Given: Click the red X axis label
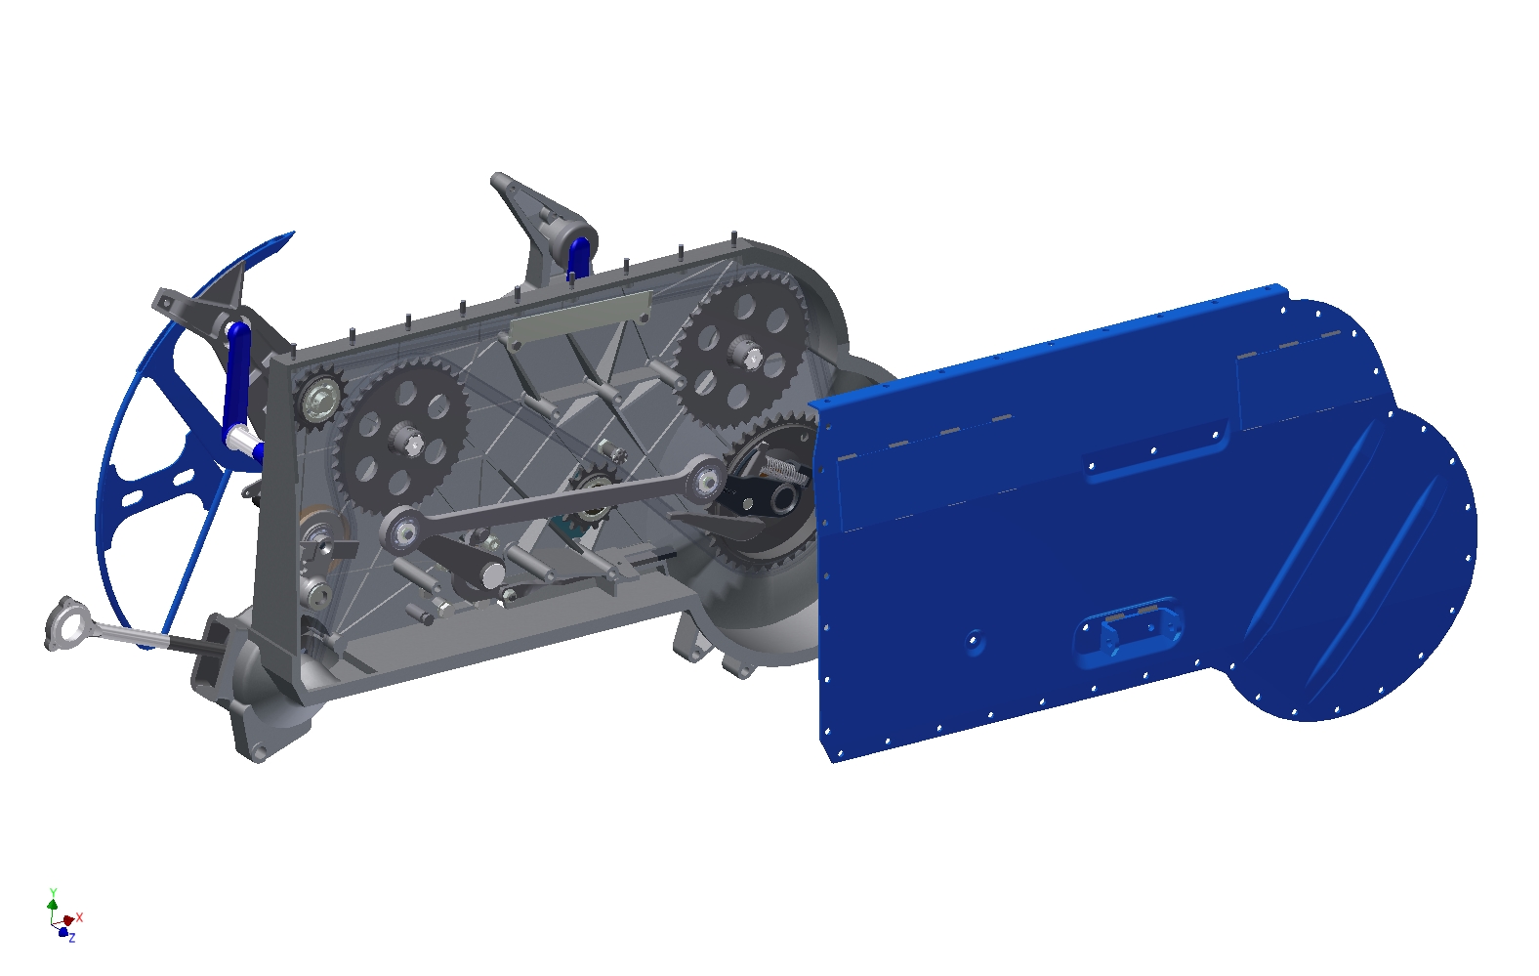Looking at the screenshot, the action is click(80, 916).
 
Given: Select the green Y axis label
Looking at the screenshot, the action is click(53, 892).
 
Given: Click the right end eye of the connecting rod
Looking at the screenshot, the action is click(704, 479).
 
